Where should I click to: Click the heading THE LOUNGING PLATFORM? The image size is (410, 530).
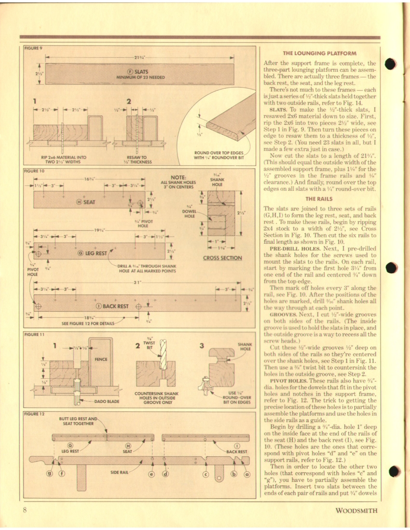point(319,53)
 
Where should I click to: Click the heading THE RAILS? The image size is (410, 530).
point(319,199)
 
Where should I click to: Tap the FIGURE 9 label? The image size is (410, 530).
point(34,48)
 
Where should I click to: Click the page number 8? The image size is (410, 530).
point(24,510)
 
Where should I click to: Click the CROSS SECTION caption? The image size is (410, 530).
point(222,258)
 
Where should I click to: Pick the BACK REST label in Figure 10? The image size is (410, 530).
point(112,306)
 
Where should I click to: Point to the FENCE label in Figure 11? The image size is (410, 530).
point(101,359)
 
